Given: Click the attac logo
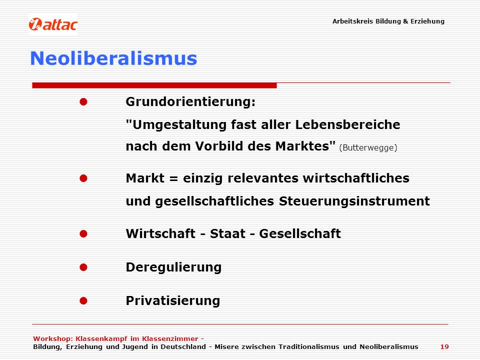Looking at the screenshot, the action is point(53,24).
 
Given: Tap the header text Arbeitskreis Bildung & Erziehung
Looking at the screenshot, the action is point(388,21).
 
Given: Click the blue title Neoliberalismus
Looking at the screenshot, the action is point(113,58).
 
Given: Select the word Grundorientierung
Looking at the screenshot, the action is point(189,101).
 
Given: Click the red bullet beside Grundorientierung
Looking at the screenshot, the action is point(83,101).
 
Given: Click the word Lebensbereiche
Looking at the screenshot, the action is point(348,124).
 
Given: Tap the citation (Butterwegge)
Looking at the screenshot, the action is point(368,147).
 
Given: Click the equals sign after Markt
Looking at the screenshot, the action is point(173,178).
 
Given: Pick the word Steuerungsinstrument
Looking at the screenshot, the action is point(354,201).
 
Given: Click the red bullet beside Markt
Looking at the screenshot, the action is point(83,178).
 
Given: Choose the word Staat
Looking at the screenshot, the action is point(227,233).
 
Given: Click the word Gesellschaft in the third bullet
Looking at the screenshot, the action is point(300,233).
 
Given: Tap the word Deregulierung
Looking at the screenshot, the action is point(173,267).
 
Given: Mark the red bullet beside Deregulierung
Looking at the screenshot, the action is point(83,267).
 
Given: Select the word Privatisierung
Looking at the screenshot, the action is point(173,300).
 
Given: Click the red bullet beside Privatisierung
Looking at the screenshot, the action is point(83,300).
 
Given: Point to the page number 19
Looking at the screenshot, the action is point(444,347).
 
